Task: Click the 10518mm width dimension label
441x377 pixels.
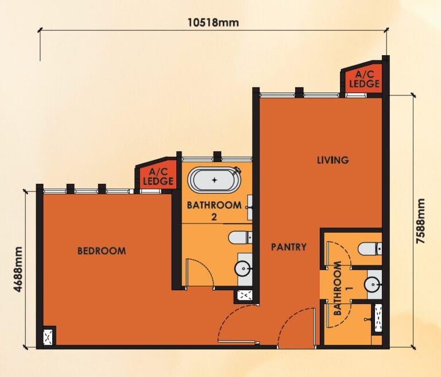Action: click(213, 22)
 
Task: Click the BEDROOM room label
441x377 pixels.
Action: click(102, 251)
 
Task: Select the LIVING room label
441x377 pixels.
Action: click(332, 160)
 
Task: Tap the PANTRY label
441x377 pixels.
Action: click(288, 247)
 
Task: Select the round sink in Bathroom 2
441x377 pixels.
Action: click(243, 268)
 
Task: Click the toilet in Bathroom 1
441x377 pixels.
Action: click(368, 249)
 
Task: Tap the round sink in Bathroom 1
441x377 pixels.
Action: click(373, 284)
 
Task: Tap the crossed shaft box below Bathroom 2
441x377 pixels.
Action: click(244, 296)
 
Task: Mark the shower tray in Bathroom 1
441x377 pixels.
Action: click(377, 319)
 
